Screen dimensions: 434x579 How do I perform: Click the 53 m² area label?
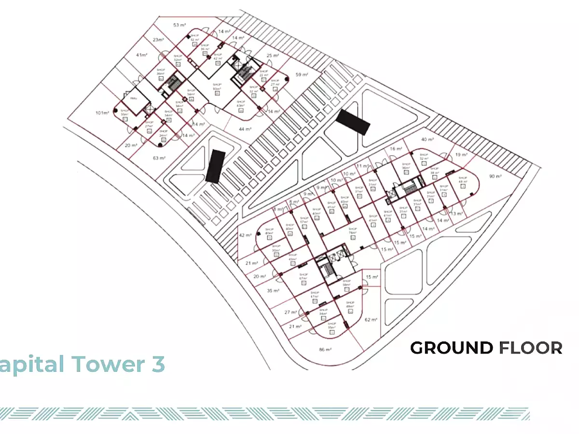pyautogui.click(x=179, y=25)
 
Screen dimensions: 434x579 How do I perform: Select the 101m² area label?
pyautogui.click(x=102, y=113)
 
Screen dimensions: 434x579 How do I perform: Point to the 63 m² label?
pyautogui.click(x=159, y=158)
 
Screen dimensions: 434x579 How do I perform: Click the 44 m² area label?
pyautogui.click(x=245, y=129)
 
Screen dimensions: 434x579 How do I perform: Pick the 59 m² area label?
pyautogui.click(x=302, y=74)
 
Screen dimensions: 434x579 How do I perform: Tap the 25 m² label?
pyautogui.click(x=273, y=55)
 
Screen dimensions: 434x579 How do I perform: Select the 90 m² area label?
pyautogui.click(x=496, y=176)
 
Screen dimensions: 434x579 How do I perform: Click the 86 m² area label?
pyautogui.click(x=325, y=349)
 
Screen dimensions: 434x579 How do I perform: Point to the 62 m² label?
pyautogui.click(x=371, y=319)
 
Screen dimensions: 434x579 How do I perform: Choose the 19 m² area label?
pyautogui.click(x=461, y=155)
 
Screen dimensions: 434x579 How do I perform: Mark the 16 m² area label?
pyautogui.click(x=396, y=149)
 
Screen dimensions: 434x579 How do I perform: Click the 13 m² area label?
pyautogui.click(x=456, y=213)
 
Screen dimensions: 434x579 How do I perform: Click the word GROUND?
pyautogui.click(x=452, y=348)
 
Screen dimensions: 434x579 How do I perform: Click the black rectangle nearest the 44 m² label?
pyautogui.click(x=215, y=165)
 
